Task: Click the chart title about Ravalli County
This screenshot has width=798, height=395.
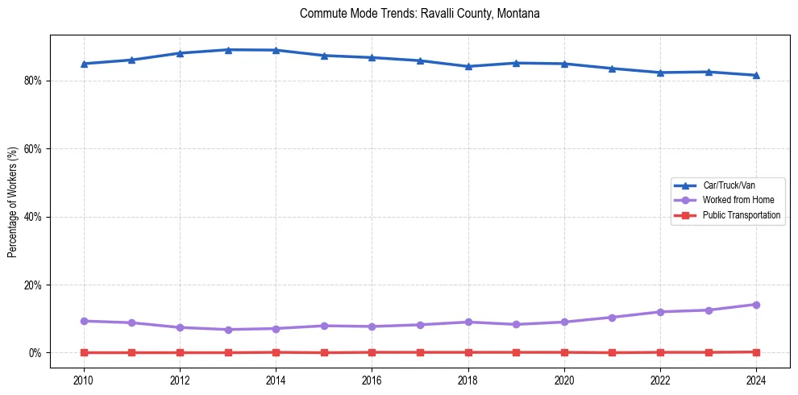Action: [x=419, y=14]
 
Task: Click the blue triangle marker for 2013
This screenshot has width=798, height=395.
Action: [x=228, y=50]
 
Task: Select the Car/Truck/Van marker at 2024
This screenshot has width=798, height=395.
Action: [x=756, y=75]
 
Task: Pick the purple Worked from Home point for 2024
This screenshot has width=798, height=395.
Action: [x=756, y=305]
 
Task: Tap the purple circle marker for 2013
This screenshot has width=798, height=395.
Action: [x=228, y=330]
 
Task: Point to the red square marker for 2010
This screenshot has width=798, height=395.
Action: [x=84, y=352]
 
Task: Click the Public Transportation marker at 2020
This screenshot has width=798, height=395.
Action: [x=564, y=352]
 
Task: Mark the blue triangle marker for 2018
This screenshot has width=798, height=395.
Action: [x=468, y=66]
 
